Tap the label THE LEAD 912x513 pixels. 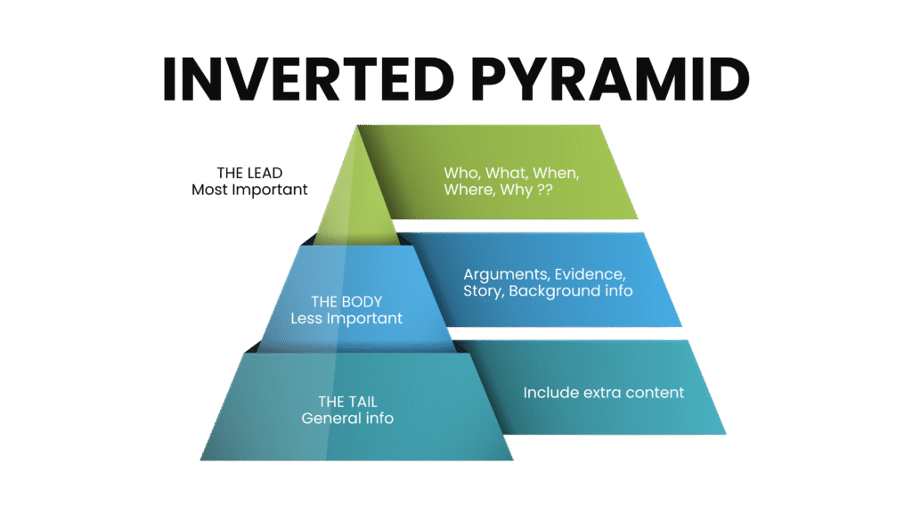pyautogui.click(x=250, y=173)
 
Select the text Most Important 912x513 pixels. pyautogui.click(x=250, y=189)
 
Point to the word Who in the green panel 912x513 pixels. pyautogui.click(x=460, y=174)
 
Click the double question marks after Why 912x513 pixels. pyautogui.click(x=539, y=191)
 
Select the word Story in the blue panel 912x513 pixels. pyautogui.click(x=482, y=291)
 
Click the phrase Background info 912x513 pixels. pyautogui.click(x=570, y=291)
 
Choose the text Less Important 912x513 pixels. pyautogui.click(x=347, y=318)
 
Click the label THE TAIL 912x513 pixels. pyautogui.click(x=347, y=402)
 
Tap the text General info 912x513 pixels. pyautogui.click(x=347, y=418)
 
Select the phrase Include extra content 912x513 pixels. pyautogui.click(x=603, y=392)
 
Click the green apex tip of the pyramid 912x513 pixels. pyautogui.click(x=358, y=131)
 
